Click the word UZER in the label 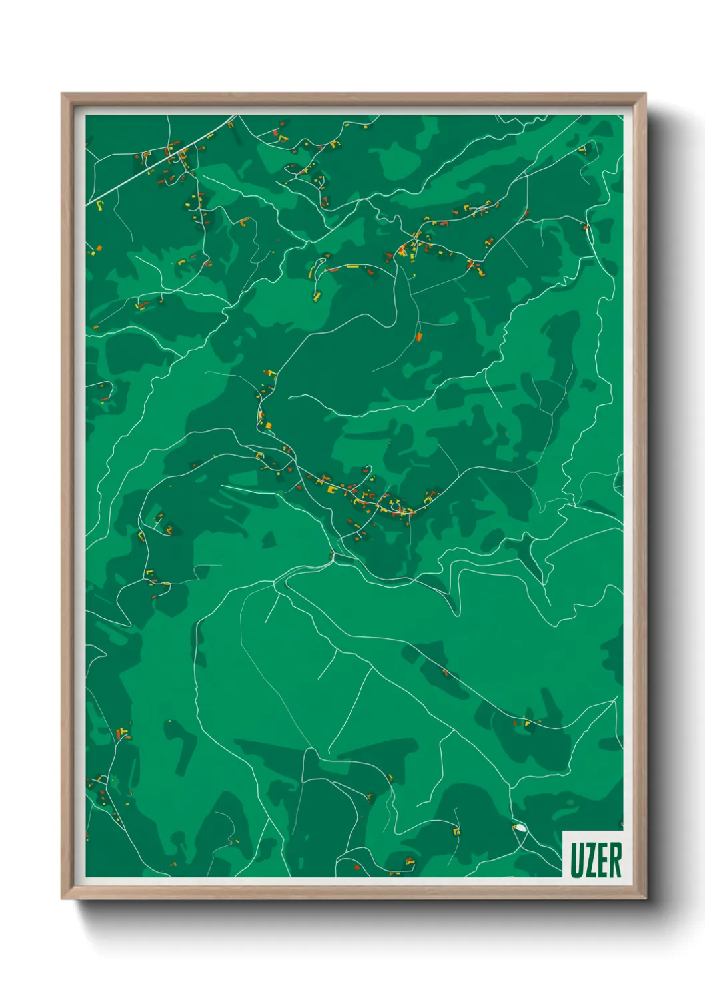pyautogui.click(x=596, y=860)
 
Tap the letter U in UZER pyautogui.click(x=576, y=860)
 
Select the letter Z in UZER pyautogui.click(x=589, y=860)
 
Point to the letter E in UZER pyautogui.click(x=602, y=860)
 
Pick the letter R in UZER pyautogui.click(x=615, y=860)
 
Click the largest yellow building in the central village pyautogui.click(x=331, y=490)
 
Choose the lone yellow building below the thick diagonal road pyautogui.click(x=101, y=204)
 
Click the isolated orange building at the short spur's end pyautogui.click(x=419, y=337)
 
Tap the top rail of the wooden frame pyautogui.click(x=353, y=99)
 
